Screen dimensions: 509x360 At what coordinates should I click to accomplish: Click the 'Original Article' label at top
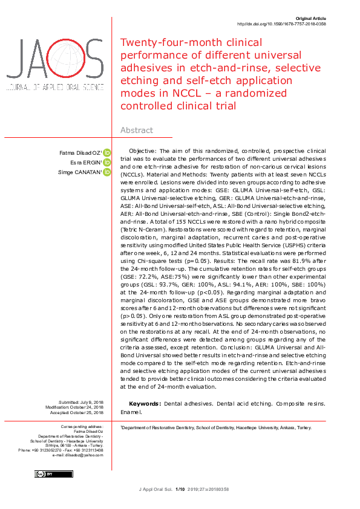pyautogui.click(x=310, y=19)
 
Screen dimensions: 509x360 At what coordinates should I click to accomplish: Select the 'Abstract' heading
pyautogui.click(x=137, y=130)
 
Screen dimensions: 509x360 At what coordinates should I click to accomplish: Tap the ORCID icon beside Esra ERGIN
pyautogui.click(x=106, y=163)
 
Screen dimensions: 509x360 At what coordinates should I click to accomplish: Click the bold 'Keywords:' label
pyautogui.click(x=145, y=403)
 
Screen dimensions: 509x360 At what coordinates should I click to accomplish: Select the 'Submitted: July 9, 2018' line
pyautogui.click(x=80, y=402)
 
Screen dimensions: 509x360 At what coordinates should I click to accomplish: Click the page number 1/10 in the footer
pyautogui.click(x=179, y=489)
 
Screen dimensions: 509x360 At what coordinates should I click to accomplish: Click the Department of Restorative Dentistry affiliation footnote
pyautogui.click(x=216, y=427)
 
